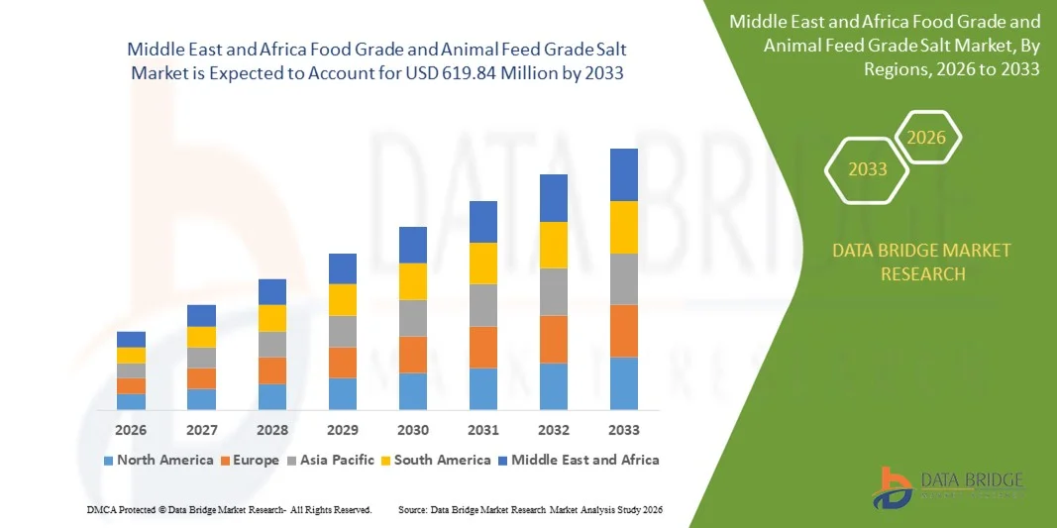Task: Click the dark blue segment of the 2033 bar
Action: point(623,174)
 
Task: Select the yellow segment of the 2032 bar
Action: point(553,245)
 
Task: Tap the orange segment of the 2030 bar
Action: point(413,355)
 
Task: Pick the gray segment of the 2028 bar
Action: point(272,344)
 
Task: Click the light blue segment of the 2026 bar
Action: point(131,401)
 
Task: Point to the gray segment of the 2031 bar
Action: point(482,305)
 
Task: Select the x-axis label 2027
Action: point(201,430)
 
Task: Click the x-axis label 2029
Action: point(342,430)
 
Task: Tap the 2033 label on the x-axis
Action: point(623,430)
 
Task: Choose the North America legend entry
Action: point(158,460)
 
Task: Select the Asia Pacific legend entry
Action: point(332,460)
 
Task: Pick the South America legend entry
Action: point(435,460)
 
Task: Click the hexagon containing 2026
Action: point(927,139)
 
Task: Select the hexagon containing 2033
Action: point(867,169)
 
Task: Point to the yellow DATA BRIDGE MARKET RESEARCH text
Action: point(922,262)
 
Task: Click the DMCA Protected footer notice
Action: point(228,509)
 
